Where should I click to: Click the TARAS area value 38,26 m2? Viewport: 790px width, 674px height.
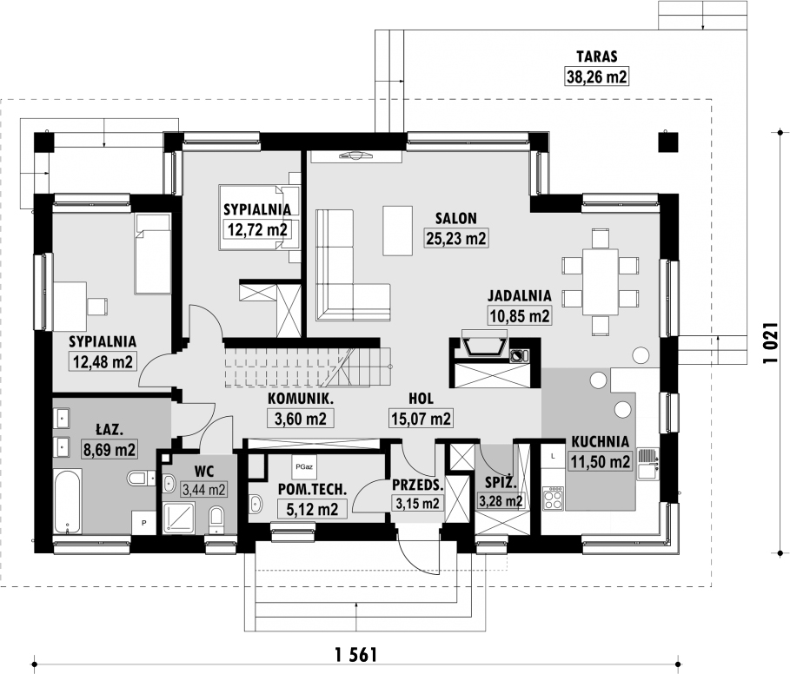coord(597,76)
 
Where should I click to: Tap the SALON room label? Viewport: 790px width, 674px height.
coord(456,218)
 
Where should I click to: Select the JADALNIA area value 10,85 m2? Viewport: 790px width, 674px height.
coord(520,315)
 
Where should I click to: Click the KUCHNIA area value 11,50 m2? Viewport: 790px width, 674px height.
coord(600,460)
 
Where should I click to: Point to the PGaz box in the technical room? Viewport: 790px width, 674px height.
coord(304,467)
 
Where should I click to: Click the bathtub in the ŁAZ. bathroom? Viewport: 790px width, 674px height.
coord(67,501)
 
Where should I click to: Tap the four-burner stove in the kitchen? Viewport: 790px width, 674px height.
coord(553,499)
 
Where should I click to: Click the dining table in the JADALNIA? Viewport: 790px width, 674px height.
coord(601,282)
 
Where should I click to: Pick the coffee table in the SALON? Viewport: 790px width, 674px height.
coord(397,230)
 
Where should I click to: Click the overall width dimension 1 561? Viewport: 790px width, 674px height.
coord(355,655)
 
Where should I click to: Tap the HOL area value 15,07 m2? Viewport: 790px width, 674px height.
coord(421,418)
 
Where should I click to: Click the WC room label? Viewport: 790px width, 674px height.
coord(204,472)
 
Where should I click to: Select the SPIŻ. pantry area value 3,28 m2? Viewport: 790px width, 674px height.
coord(501,501)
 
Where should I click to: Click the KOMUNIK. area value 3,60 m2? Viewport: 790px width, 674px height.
coord(301,418)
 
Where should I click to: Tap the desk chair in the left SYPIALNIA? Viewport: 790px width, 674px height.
coord(97,306)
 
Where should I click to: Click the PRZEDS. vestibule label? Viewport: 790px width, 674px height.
coord(418,486)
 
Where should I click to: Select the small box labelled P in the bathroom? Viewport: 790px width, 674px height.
coord(143,523)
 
